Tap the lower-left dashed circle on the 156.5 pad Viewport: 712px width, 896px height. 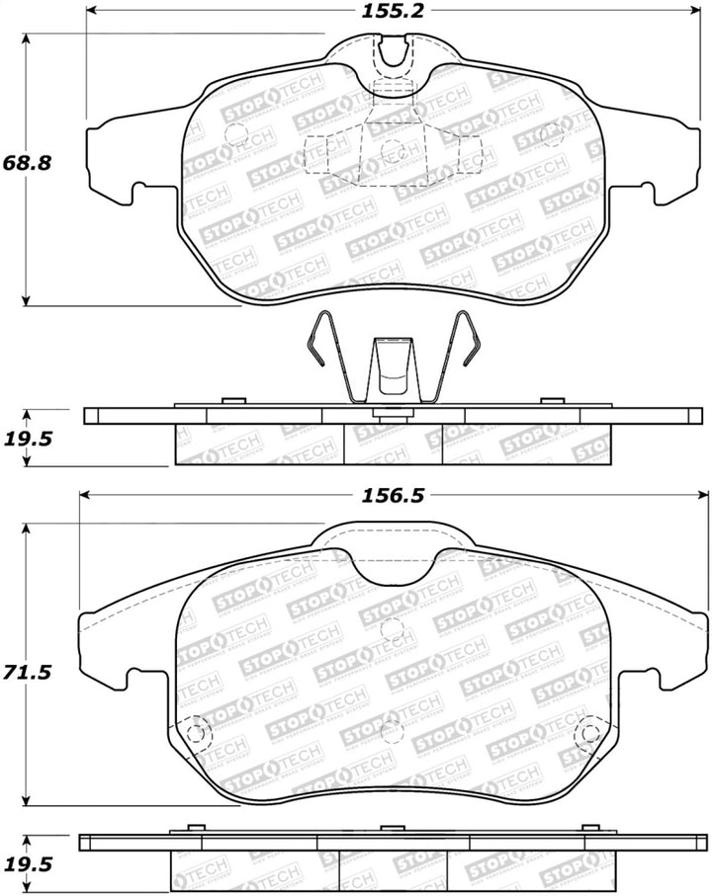click(198, 733)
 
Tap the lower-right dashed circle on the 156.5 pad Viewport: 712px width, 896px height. click(590, 733)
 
